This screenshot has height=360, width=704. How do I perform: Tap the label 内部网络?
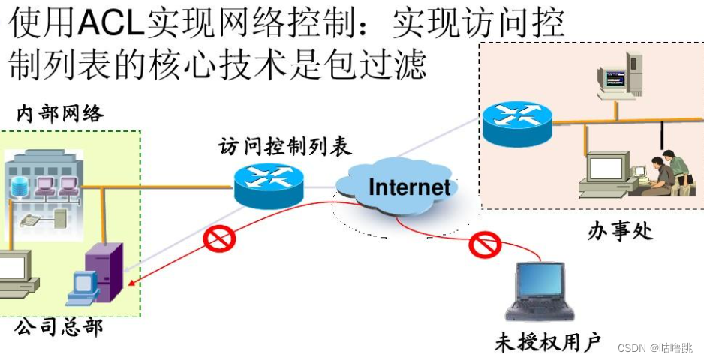(x=60, y=115)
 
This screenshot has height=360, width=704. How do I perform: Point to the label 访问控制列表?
(x=285, y=146)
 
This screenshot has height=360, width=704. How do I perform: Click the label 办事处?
(x=620, y=230)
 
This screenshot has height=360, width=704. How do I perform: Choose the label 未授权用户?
(x=548, y=343)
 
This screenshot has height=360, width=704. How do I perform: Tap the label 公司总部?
(x=59, y=327)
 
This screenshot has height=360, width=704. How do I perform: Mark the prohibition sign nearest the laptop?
(x=484, y=244)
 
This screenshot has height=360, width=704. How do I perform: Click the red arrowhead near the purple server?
(x=133, y=283)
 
